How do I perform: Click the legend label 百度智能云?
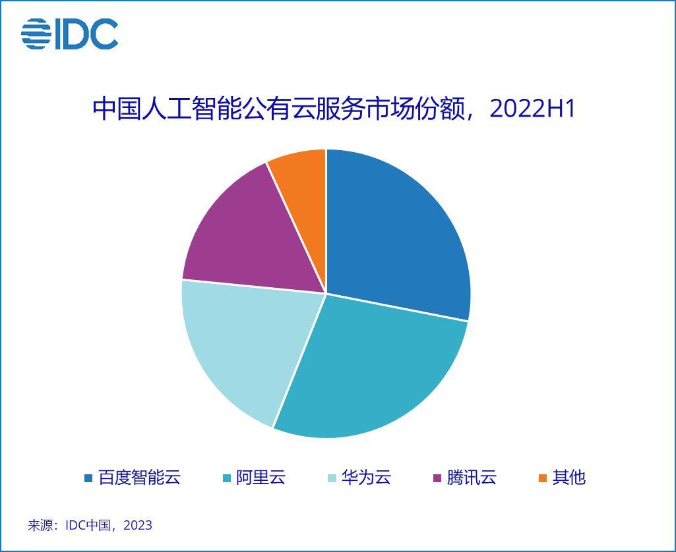139,478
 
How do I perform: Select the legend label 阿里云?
261,478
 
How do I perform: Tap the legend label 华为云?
366,478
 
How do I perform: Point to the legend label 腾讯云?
472,478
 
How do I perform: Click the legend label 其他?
569,478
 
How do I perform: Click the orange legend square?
543,478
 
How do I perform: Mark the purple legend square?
437,478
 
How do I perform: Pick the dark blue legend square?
88,478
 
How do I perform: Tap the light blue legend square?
332,478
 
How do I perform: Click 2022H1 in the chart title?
533,109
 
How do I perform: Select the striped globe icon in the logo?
36,34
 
